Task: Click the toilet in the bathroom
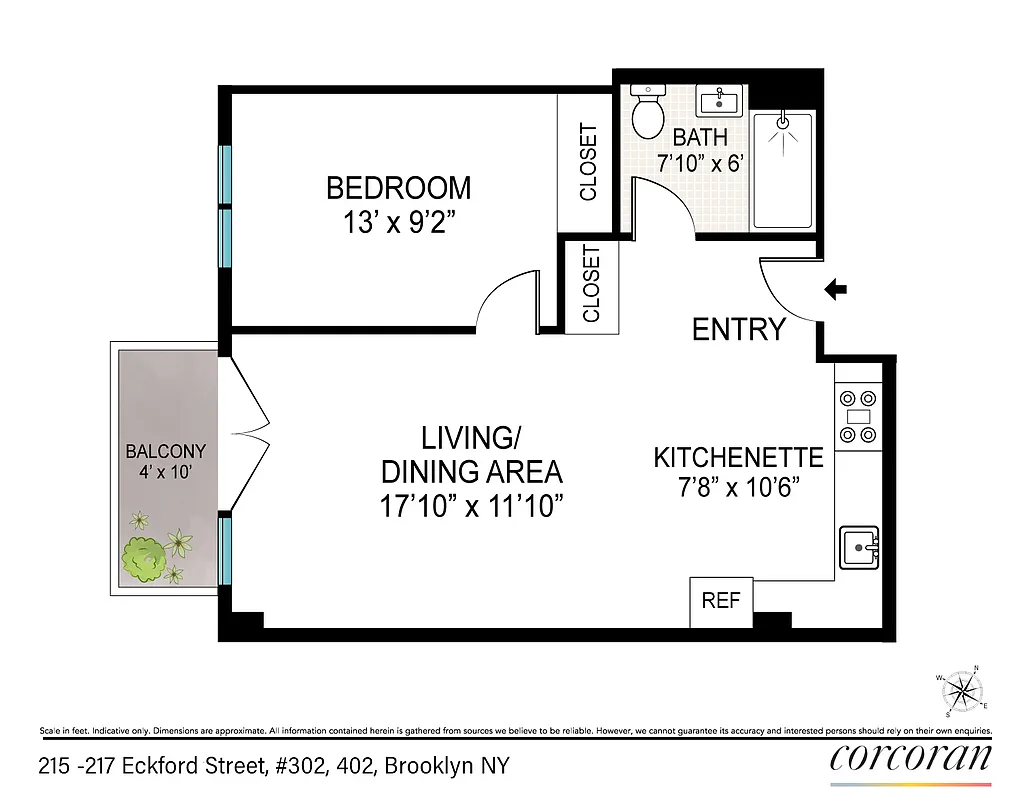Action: click(x=648, y=112)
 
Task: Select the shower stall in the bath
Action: click(x=783, y=170)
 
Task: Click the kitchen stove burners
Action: click(x=858, y=415)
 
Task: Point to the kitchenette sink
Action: click(x=858, y=547)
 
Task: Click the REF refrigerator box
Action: click(x=720, y=601)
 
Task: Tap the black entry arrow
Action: click(x=835, y=290)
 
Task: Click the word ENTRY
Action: click(x=738, y=329)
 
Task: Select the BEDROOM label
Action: click(x=398, y=187)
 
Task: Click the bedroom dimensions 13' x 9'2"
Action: click(x=399, y=222)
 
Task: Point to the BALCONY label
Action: click(x=165, y=451)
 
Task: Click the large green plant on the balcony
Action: click(x=143, y=559)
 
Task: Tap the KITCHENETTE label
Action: click(x=738, y=458)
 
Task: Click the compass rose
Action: click(x=962, y=690)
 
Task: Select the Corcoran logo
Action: click(x=910, y=757)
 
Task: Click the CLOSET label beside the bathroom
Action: click(x=588, y=161)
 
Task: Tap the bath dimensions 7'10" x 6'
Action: click(x=700, y=163)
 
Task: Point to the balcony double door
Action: click(x=244, y=432)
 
